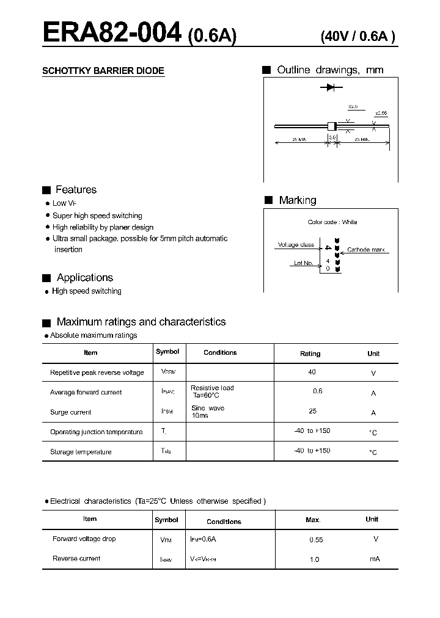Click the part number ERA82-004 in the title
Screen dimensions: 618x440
point(112,34)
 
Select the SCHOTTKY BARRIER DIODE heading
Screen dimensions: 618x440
point(103,71)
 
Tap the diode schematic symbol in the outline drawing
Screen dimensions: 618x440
point(331,87)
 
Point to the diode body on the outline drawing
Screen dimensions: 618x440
point(332,126)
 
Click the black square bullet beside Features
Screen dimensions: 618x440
point(46,190)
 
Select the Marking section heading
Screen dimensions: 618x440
point(298,200)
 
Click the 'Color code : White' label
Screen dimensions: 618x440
point(332,222)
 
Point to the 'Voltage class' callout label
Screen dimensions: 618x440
point(296,245)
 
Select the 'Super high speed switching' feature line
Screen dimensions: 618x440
point(97,216)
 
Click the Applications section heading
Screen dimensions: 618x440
point(85,278)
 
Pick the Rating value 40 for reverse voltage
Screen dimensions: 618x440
point(312,372)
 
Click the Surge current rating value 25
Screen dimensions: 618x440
point(313,411)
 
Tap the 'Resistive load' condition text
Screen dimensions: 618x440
point(212,388)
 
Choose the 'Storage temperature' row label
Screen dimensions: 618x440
point(81,452)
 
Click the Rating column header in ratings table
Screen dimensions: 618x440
point(310,354)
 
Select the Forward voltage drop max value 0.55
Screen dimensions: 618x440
point(316,540)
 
